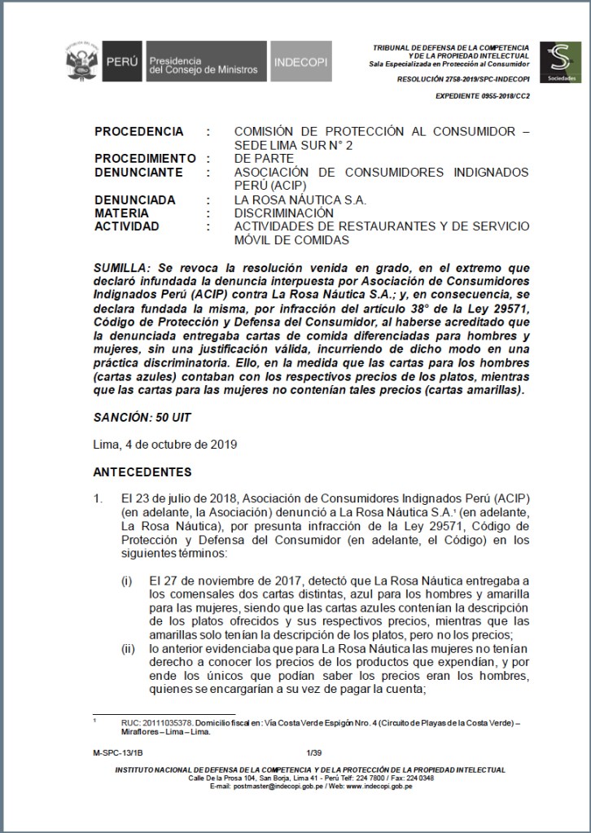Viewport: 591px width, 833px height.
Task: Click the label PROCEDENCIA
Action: coord(138,131)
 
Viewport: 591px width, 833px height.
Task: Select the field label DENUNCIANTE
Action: coord(139,172)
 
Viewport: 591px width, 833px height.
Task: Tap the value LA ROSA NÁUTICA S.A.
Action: coord(300,199)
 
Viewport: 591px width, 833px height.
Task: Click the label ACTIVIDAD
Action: coord(126,226)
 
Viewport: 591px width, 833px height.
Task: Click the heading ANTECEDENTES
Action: coord(142,472)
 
